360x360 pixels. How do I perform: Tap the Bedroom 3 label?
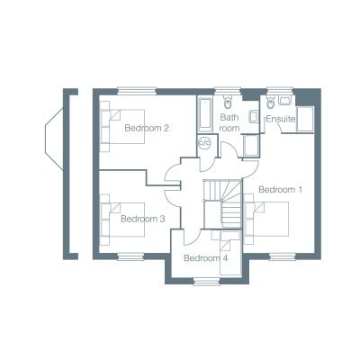click(143, 219)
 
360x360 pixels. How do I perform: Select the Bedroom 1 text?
click(280, 190)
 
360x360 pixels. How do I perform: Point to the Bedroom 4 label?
click(206, 258)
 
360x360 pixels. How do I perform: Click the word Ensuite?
click(281, 119)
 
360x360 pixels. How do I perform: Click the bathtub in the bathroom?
click(205, 114)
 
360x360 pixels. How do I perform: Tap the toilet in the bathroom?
click(228, 102)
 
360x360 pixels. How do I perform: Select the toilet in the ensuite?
click(271, 102)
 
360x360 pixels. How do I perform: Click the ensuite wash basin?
click(284, 100)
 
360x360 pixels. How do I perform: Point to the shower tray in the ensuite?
click(305, 119)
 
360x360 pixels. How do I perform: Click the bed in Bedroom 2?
click(122, 126)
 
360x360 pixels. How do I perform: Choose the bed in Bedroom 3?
click(122, 220)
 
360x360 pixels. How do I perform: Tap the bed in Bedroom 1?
click(266, 219)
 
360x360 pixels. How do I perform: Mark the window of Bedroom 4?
click(206, 282)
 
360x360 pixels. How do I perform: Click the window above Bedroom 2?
click(137, 91)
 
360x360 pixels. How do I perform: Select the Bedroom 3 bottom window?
click(130, 256)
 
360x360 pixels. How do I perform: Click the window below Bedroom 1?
click(283, 256)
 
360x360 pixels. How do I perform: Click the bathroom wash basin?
click(254, 116)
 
